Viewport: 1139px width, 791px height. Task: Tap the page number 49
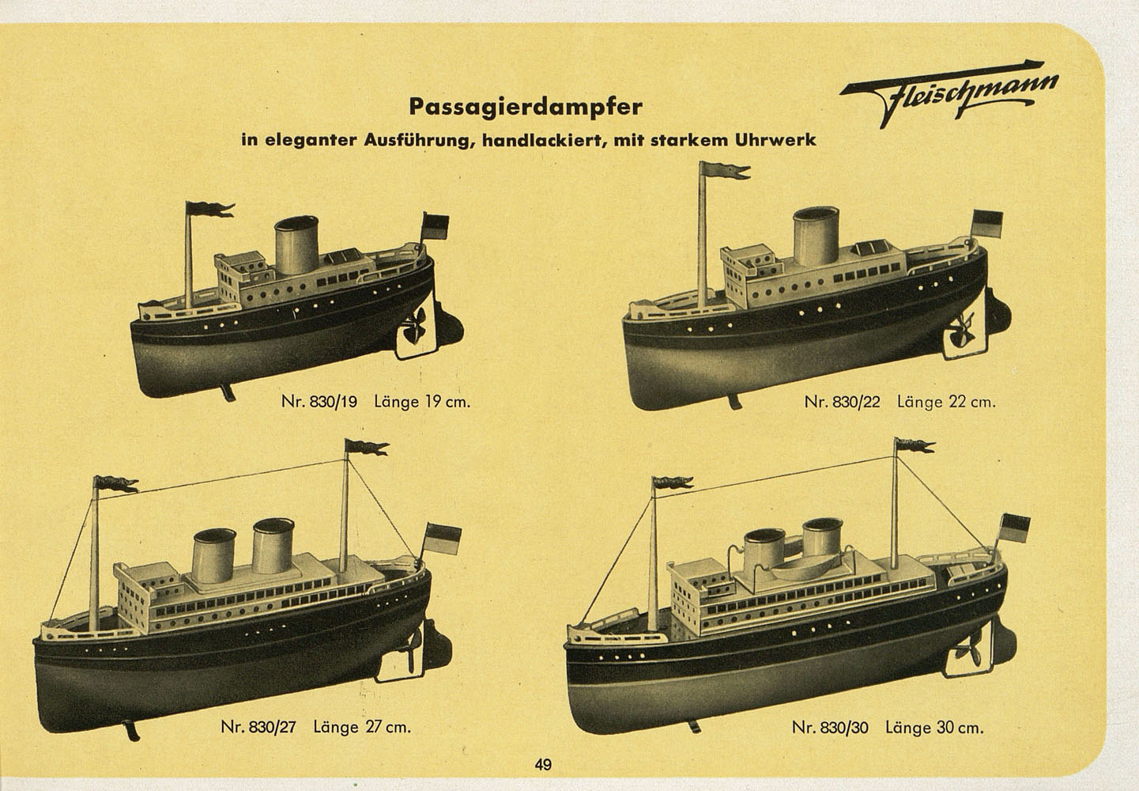[543, 765]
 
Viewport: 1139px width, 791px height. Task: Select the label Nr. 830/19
[319, 402]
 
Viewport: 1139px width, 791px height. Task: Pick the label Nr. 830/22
[842, 402]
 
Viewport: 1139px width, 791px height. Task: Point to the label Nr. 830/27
[258, 726]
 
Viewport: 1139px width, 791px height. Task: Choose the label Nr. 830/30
[830, 728]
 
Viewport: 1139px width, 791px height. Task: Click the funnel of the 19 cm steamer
[297, 245]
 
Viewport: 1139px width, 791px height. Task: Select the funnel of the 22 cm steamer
[817, 237]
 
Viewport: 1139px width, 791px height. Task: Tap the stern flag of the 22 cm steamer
[987, 225]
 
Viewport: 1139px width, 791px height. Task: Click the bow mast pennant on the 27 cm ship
[115, 483]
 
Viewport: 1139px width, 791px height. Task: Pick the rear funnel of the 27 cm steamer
[273, 546]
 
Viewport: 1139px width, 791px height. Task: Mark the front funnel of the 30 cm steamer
[764, 550]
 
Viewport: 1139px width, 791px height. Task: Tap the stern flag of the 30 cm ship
[1015, 528]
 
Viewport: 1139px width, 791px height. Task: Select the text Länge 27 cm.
[362, 726]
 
